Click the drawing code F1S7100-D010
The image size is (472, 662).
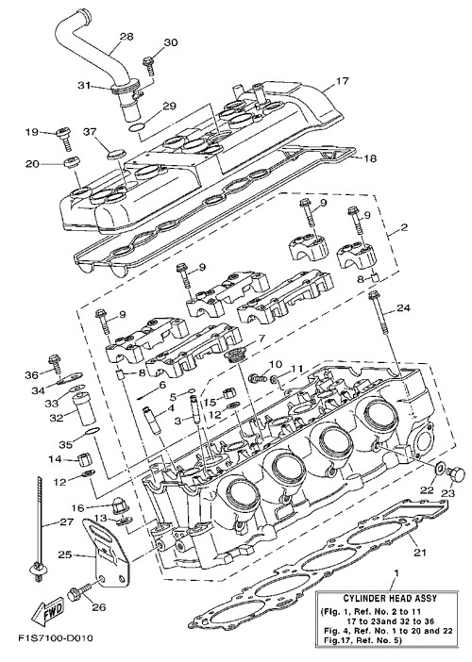tap(56, 637)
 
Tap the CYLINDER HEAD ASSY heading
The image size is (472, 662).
tap(390, 598)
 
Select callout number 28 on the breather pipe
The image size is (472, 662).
tap(126, 37)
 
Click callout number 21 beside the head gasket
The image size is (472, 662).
tap(419, 552)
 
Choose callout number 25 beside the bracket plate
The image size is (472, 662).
tap(65, 554)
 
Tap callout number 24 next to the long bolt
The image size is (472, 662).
tap(403, 308)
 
